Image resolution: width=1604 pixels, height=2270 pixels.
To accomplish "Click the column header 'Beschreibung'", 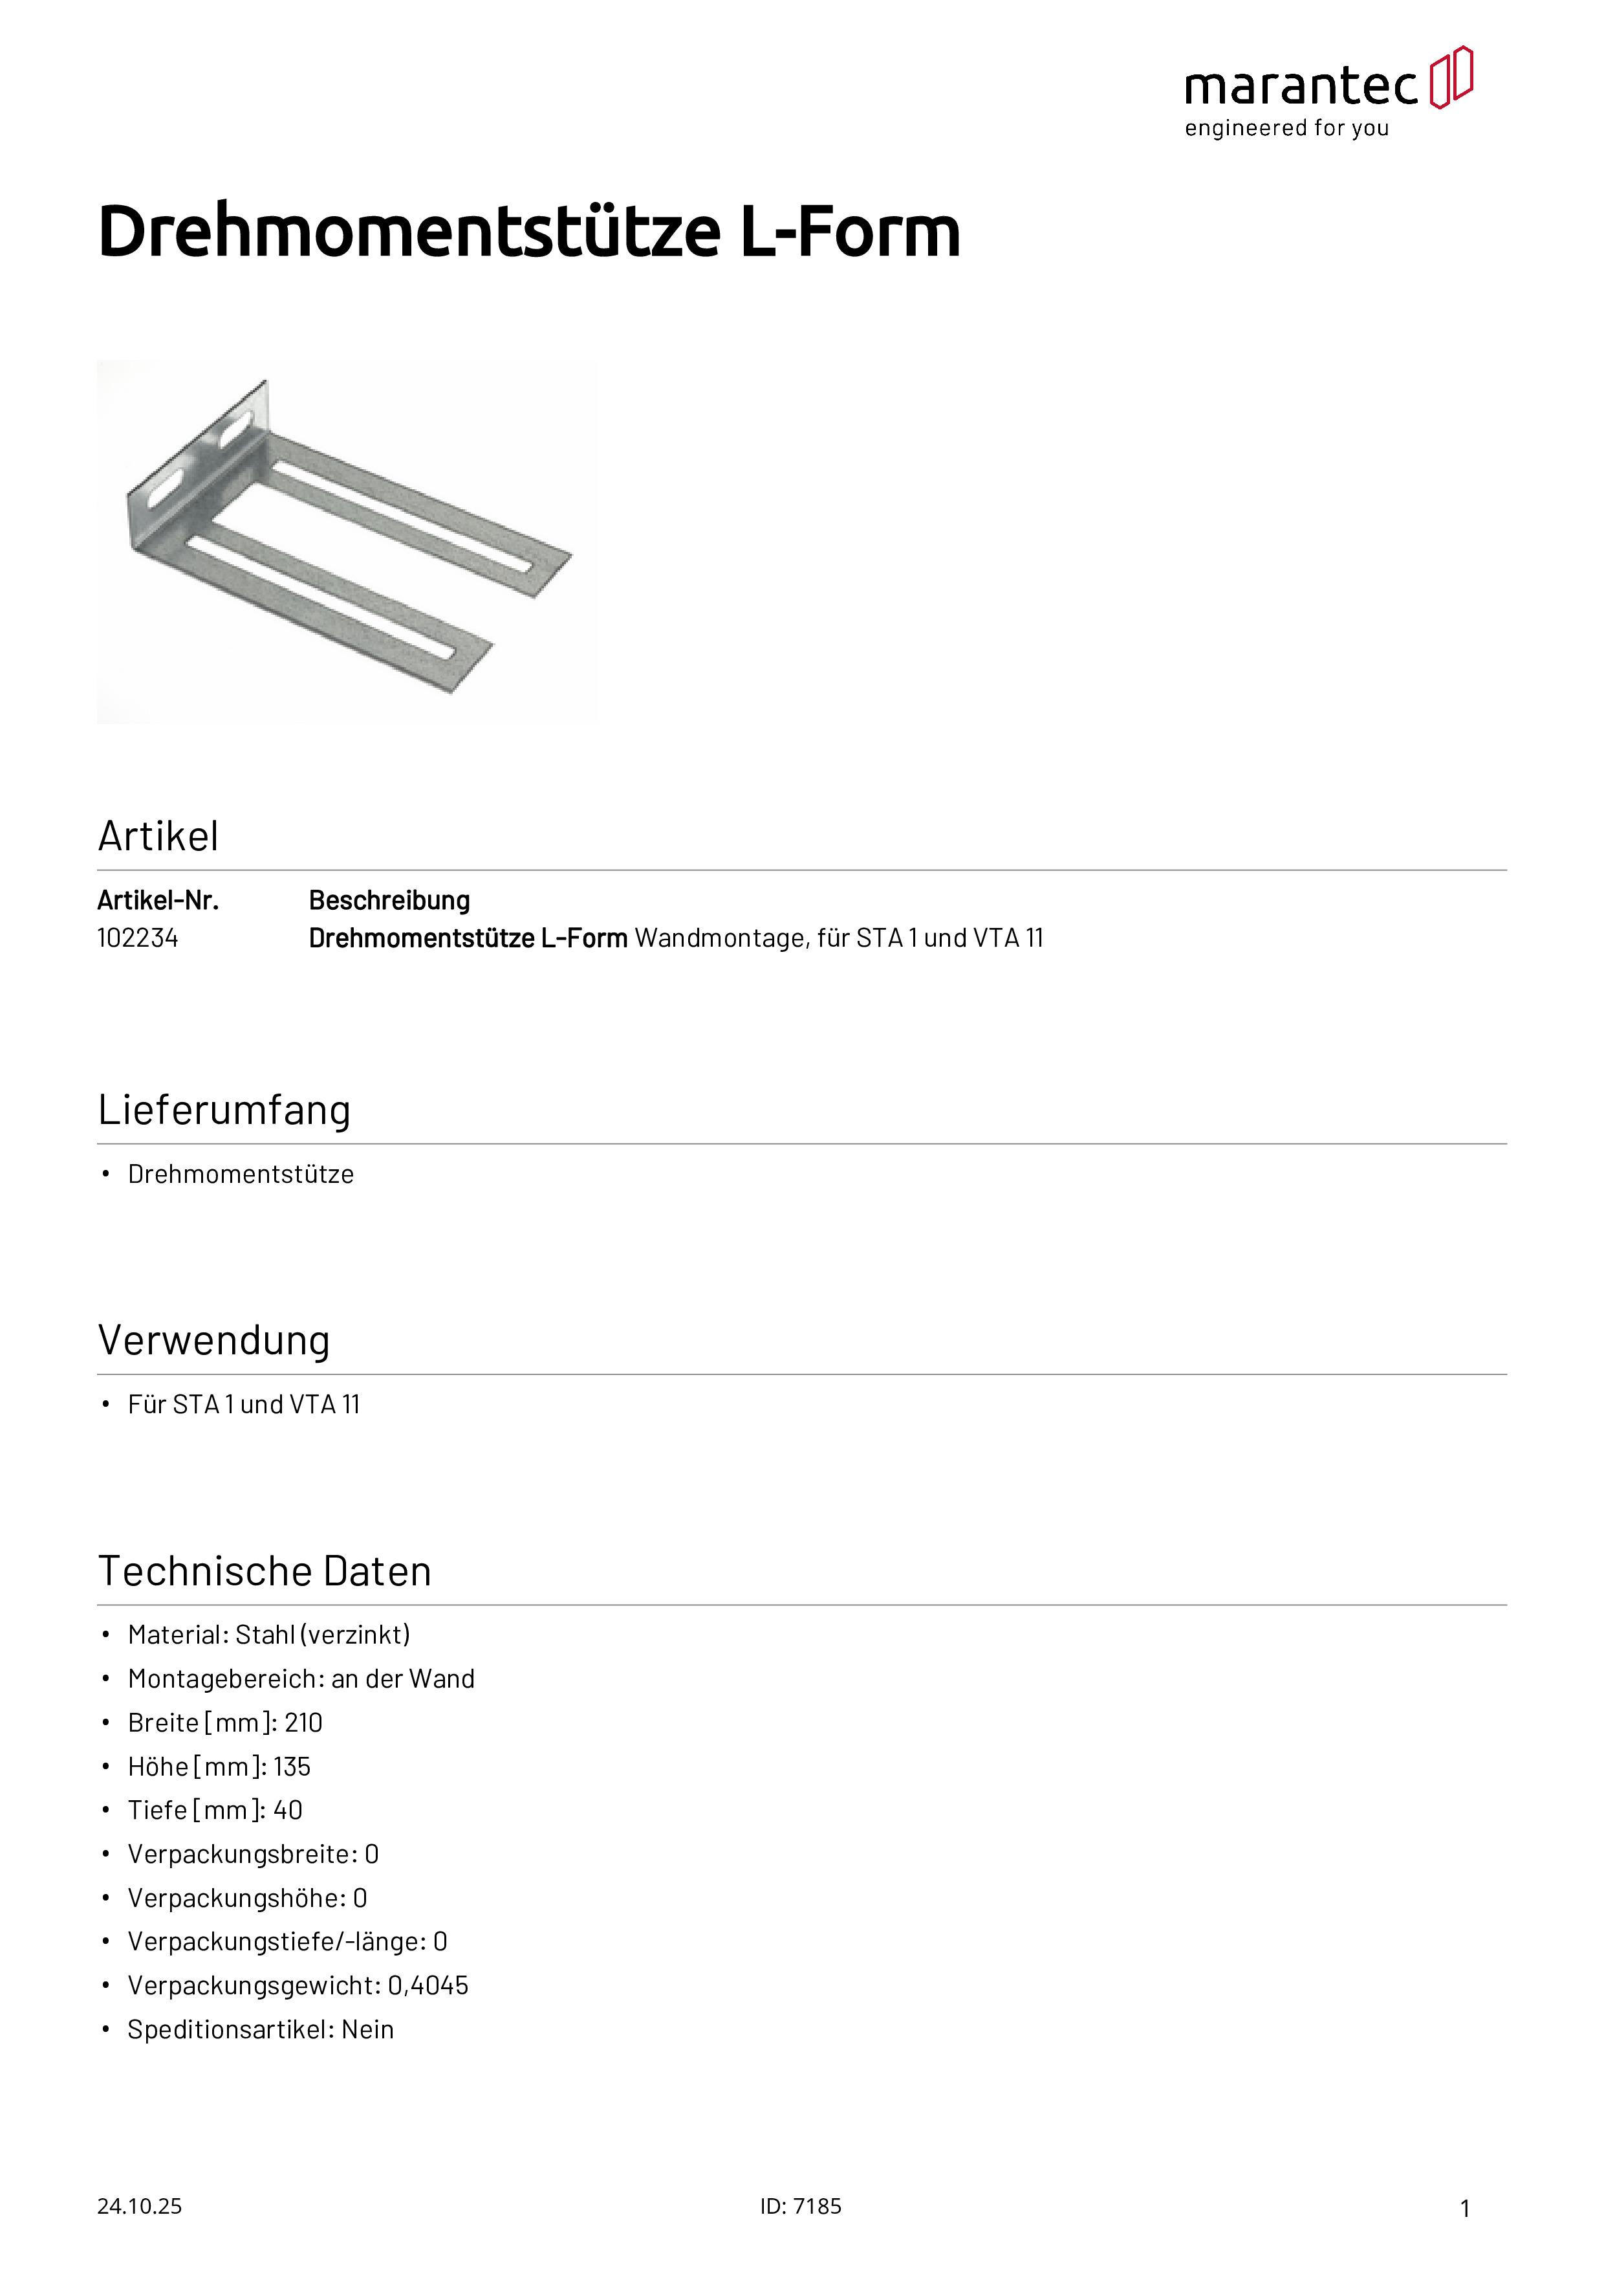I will (389, 901).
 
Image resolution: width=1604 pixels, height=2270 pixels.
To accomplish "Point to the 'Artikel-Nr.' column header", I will (158, 901).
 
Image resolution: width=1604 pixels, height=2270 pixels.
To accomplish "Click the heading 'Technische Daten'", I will (265, 1571).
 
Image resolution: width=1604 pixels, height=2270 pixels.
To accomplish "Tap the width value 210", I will (303, 1723).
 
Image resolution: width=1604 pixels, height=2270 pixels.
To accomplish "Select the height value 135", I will (292, 1767).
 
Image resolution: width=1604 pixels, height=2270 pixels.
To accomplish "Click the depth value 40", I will (288, 1811).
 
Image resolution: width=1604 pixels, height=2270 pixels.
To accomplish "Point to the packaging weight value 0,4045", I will (428, 1987).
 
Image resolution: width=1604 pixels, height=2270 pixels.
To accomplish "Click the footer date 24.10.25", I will (139, 2207).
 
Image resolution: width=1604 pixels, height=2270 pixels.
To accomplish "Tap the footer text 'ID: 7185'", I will (801, 2207).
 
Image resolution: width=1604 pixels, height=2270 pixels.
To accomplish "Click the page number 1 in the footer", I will (1465, 2209).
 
